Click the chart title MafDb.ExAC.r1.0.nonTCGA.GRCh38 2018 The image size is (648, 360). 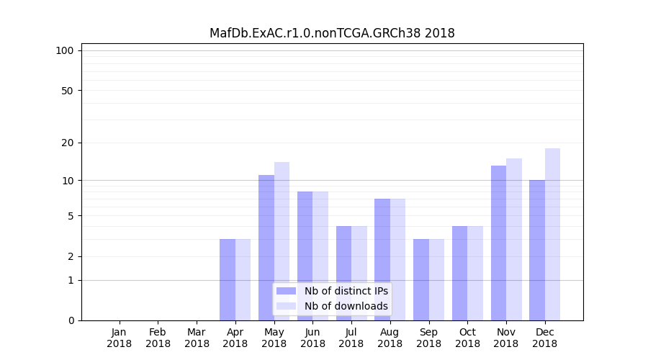(332, 33)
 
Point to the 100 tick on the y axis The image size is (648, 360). (65, 50)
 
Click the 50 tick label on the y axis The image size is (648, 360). (67, 91)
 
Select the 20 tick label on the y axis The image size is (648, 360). (67, 143)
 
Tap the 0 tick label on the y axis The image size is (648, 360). (71, 320)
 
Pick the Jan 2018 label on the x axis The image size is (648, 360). (120, 338)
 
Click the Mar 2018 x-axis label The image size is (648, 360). (197, 338)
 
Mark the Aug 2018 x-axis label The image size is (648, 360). (390, 338)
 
